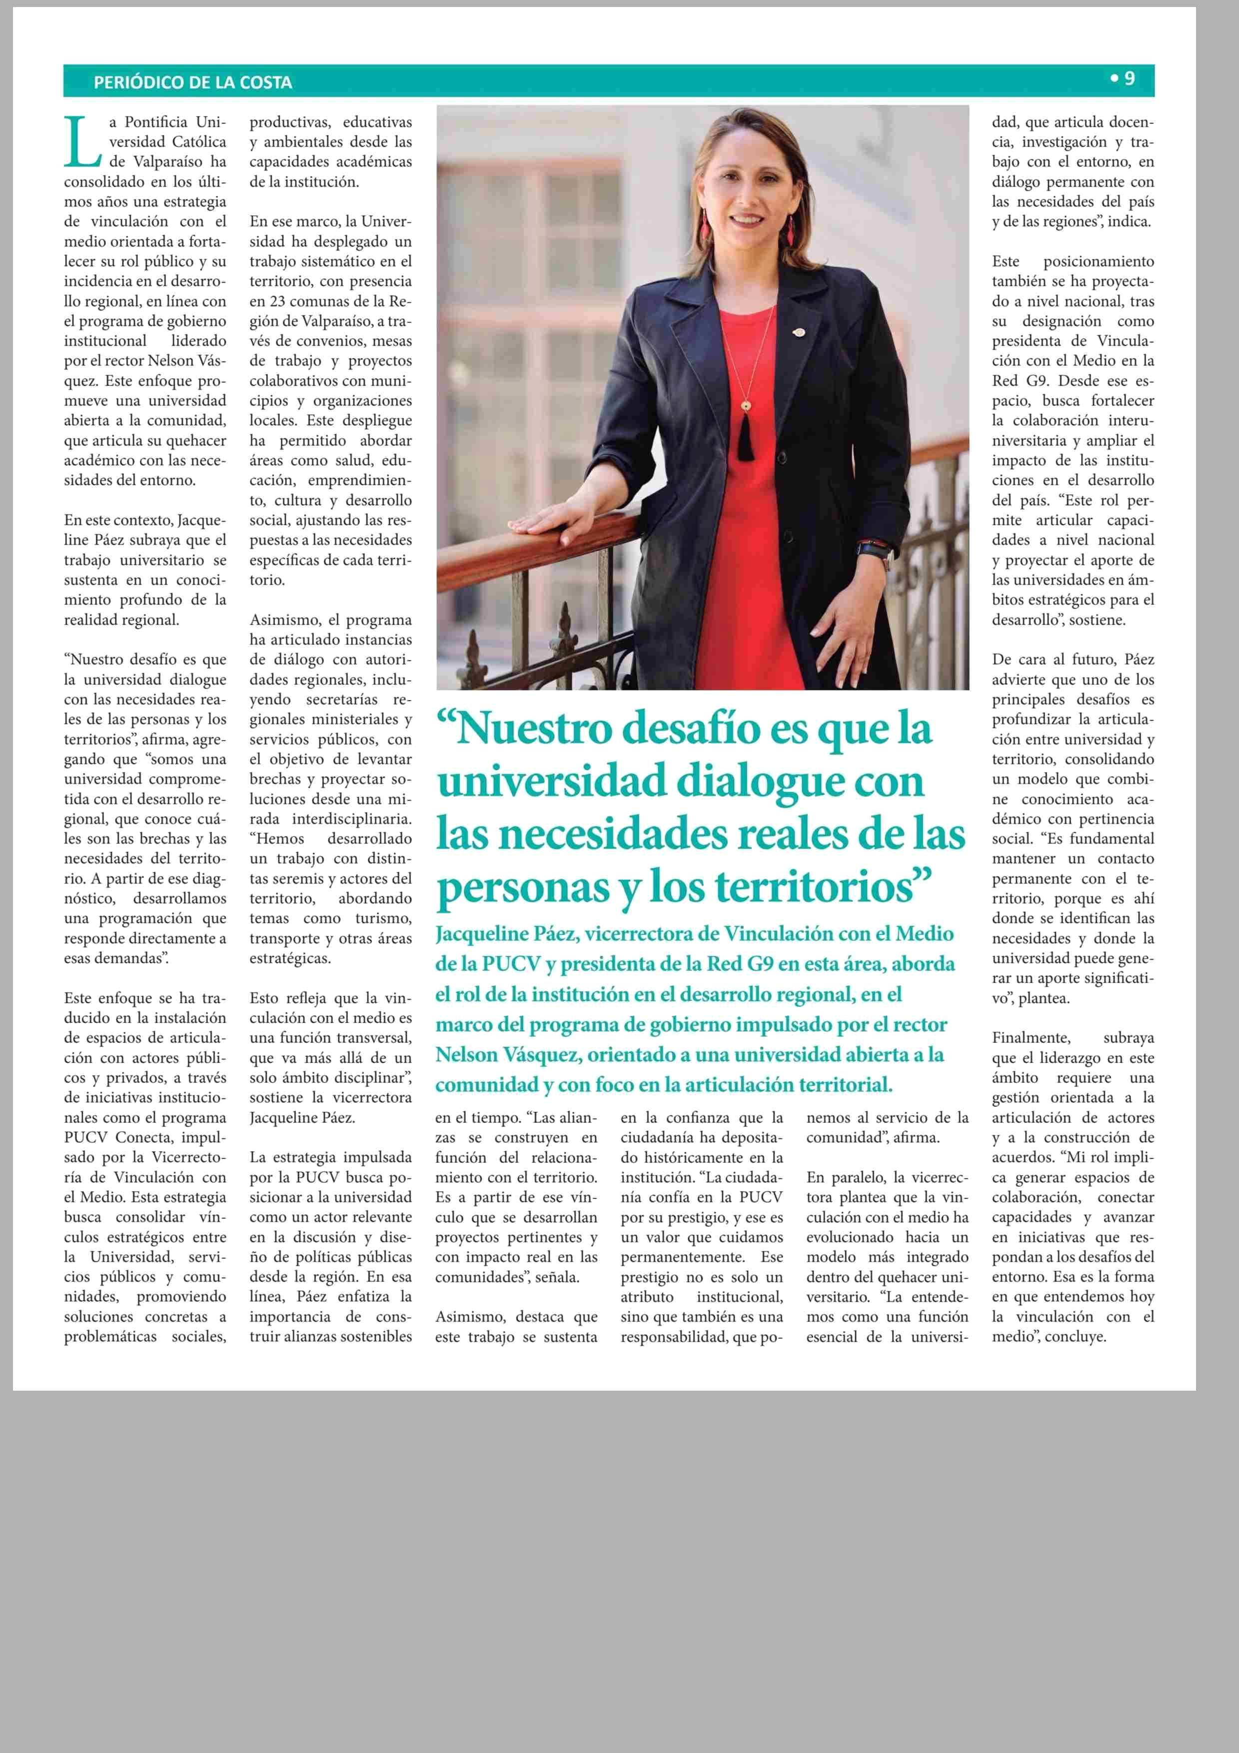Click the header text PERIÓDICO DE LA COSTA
(192, 82)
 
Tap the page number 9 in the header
(1129, 78)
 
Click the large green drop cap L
(81, 142)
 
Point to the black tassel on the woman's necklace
(746, 441)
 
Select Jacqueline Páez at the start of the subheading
(505, 934)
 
